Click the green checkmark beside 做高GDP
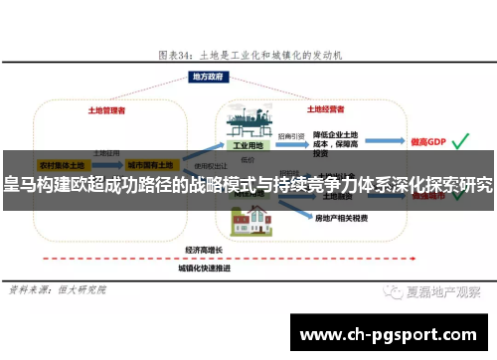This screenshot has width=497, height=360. (x=459, y=142)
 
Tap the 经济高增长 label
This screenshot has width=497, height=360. (x=205, y=250)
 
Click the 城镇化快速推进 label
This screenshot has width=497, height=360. (x=205, y=269)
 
